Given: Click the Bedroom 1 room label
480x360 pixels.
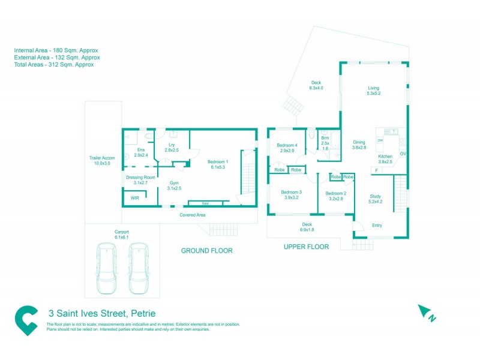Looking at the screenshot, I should (x=217, y=164).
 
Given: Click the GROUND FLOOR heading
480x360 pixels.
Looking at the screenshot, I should (x=206, y=250).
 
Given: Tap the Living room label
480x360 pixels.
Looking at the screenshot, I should (x=374, y=91).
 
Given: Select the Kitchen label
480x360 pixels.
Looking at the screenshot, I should (x=385, y=158).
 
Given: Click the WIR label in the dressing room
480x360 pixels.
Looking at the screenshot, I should (x=135, y=198).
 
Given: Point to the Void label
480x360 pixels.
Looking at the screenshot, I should (x=205, y=203).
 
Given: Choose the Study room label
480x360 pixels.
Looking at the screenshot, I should (x=376, y=199).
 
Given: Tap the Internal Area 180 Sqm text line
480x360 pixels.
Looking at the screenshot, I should (x=56, y=50).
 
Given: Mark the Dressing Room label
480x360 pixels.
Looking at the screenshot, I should (x=140, y=180).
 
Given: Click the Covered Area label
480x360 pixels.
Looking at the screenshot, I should (x=193, y=214).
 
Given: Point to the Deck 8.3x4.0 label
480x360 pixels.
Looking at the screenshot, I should (x=316, y=85).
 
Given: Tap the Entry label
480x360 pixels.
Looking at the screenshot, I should (x=377, y=226).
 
